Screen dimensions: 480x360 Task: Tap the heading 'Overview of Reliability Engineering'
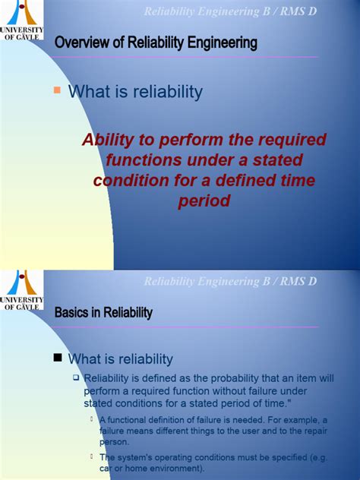(156, 44)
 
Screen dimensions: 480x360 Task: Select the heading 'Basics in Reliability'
(103, 312)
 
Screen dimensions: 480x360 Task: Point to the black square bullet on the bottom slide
(57, 358)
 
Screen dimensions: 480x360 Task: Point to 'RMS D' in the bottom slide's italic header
(295, 282)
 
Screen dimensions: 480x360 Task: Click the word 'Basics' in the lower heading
(72, 312)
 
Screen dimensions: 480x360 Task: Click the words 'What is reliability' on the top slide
(135, 92)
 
